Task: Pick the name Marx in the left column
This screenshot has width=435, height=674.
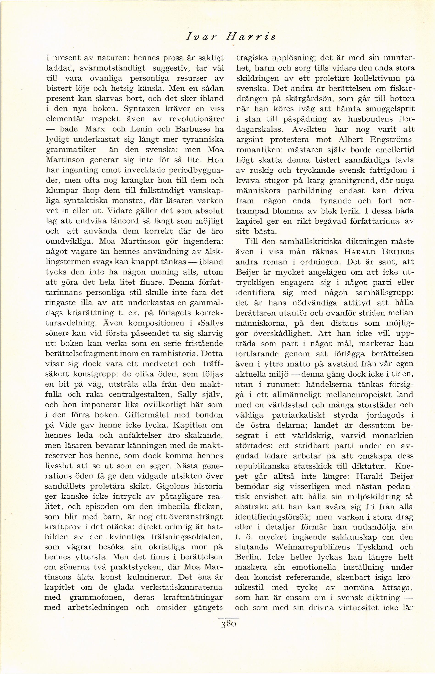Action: (x=95, y=129)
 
